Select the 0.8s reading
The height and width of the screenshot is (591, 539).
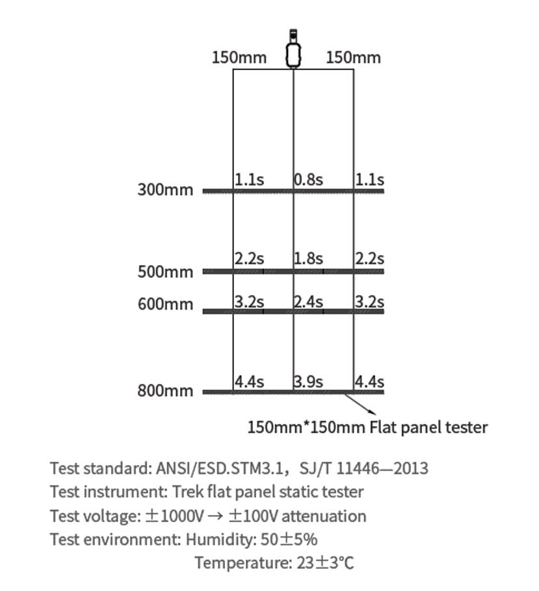click(x=308, y=179)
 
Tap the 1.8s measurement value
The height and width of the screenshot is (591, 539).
click(x=308, y=258)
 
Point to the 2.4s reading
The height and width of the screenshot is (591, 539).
click(x=308, y=301)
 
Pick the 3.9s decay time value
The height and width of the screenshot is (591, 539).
click(x=308, y=382)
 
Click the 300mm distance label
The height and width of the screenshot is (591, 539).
click(x=165, y=190)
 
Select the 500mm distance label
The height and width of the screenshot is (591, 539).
click(x=165, y=271)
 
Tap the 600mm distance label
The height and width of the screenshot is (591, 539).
click(x=165, y=303)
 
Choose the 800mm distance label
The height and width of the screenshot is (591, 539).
click(x=165, y=391)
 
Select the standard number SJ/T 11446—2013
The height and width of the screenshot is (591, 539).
click(x=373, y=468)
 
